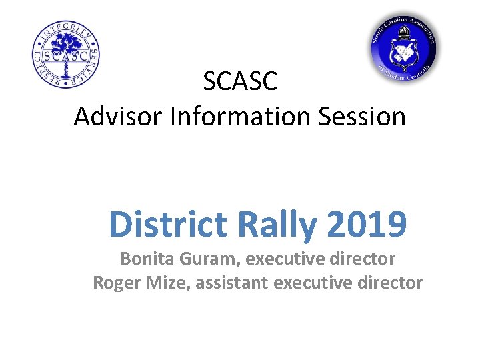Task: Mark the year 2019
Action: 367,225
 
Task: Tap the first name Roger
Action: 114,283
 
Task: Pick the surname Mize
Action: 159,283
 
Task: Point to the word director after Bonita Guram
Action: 365,259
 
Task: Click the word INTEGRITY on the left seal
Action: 66,28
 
